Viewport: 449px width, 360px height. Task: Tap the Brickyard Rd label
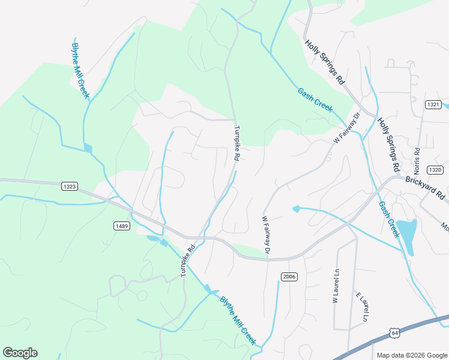click(425, 187)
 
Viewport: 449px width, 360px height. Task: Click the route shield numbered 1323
click(69, 187)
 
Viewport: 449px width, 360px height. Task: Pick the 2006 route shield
click(288, 275)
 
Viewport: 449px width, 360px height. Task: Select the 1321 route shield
click(433, 104)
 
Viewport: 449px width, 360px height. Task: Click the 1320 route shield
click(435, 169)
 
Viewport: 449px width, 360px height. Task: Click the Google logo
click(20, 353)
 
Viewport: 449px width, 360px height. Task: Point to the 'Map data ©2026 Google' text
click(412, 355)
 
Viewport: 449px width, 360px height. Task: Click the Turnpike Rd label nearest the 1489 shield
click(188, 260)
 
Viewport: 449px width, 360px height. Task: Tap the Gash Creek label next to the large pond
click(389, 219)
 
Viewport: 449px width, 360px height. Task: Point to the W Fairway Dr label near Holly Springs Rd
click(347, 127)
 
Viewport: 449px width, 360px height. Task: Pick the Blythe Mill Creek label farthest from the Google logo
click(80, 70)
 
